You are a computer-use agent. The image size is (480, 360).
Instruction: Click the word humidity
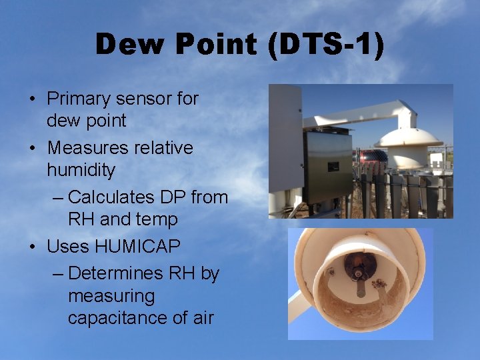(x=81, y=170)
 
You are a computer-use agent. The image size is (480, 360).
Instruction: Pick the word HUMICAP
(x=138, y=247)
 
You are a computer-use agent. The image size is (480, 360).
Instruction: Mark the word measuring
(x=111, y=295)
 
